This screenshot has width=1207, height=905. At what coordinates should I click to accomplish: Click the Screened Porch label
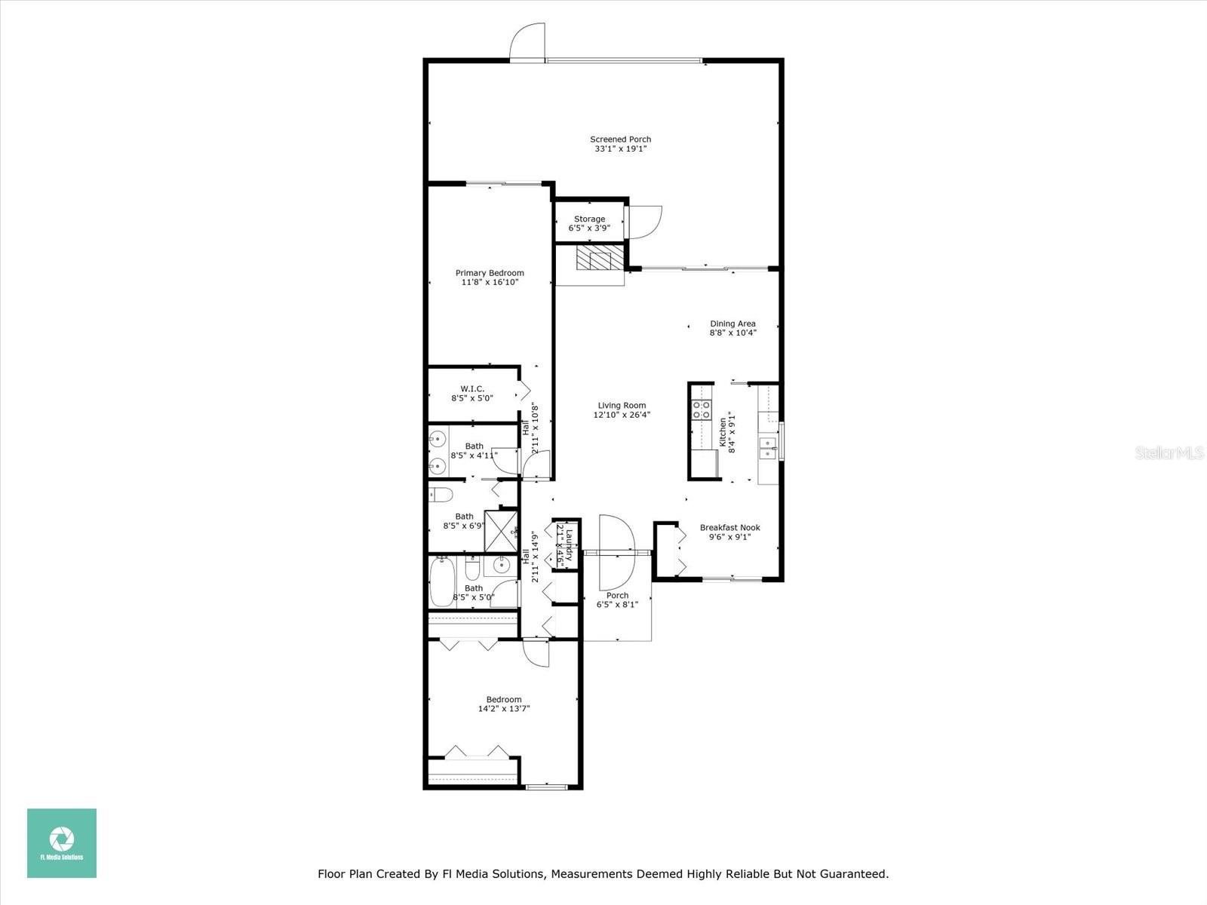click(620, 140)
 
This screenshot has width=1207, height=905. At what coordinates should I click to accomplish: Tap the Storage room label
click(589, 219)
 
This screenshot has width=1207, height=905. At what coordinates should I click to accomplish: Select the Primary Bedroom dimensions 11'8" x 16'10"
click(490, 283)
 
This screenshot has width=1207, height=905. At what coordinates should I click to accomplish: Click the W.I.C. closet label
click(472, 389)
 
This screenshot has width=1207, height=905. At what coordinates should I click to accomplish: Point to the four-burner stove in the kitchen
click(702, 410)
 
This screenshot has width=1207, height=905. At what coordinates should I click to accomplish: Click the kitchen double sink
click(769, 447)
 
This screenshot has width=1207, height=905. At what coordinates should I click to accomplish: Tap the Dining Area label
click(732, 324)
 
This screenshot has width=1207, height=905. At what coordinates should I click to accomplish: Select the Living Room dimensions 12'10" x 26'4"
click(622, 415)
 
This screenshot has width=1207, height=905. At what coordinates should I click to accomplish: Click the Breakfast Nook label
click(729, 528)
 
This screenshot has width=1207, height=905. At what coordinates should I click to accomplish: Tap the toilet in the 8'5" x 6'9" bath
click(441, 495)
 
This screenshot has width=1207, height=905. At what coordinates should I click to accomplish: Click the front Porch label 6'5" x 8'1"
click(617, 600)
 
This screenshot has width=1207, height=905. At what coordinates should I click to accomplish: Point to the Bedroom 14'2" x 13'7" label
click(503, 700)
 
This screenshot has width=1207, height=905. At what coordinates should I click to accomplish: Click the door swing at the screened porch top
click(527, 41)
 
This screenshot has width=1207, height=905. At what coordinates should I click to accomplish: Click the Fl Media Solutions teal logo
click(62, 842)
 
